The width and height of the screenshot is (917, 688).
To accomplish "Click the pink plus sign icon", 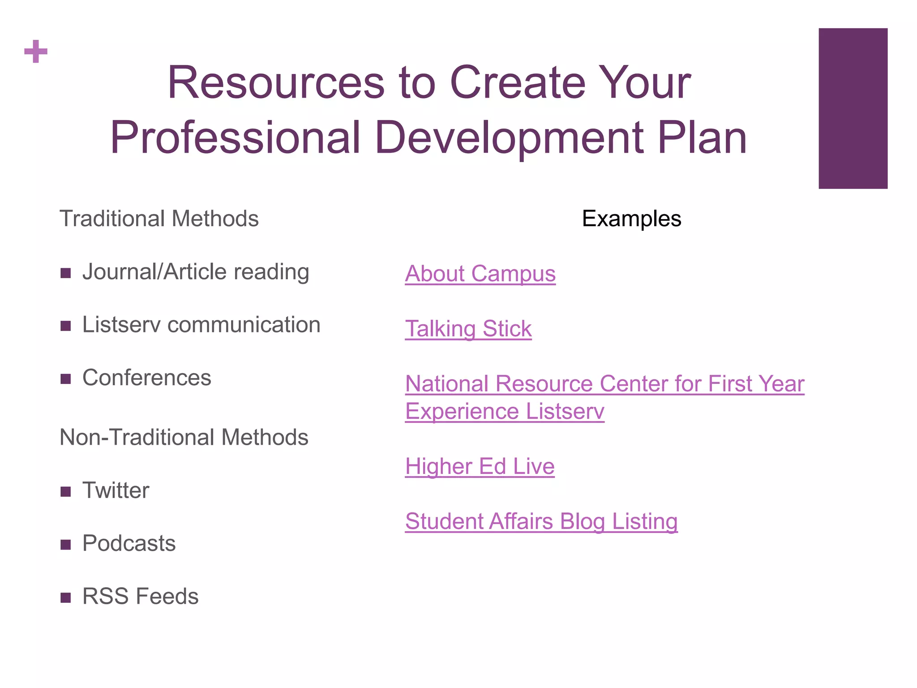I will click(36, 52).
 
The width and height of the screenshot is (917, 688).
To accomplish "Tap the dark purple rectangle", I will click(853, 108).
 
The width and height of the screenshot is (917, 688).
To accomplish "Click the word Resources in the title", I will click(276, 83).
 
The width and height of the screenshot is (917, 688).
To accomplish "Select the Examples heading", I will click(631, 219).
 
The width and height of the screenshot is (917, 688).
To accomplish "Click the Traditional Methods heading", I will click(159, 219).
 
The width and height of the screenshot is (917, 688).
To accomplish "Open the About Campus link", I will click(480, 274).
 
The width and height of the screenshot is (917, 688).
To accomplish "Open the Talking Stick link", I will click(468, 329).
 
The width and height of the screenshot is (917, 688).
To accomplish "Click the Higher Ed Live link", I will click(480, 466).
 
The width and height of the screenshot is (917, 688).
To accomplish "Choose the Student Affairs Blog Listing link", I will click(541, 521).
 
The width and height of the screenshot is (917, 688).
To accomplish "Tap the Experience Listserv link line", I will click(505, 411).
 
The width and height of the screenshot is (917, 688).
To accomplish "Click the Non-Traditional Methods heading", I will click(184, 437).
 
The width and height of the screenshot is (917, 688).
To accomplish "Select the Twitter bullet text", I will click(116, 490).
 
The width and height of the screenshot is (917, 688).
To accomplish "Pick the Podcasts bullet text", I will click(129, 543).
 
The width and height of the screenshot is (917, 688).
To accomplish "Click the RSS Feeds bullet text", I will click(140, 596).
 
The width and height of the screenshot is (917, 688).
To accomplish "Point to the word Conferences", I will click(146, 378).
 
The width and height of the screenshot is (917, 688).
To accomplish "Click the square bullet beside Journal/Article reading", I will click(66, 273).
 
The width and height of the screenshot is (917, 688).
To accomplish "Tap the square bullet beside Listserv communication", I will click(66, 326).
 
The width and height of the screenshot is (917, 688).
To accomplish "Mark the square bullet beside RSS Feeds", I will click(66, 598).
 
